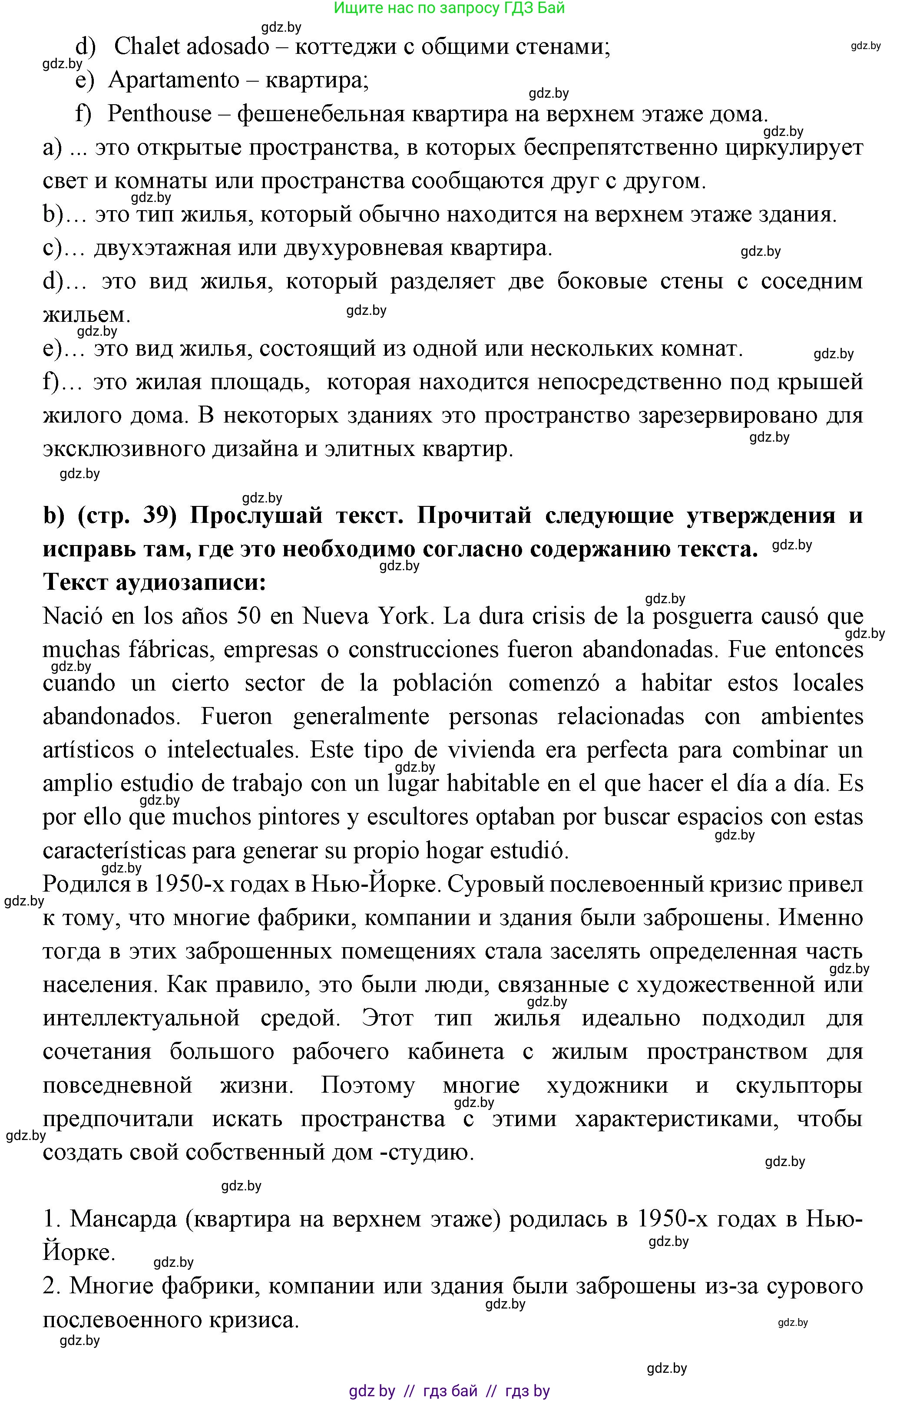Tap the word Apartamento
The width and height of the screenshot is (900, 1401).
[x=174, y=80]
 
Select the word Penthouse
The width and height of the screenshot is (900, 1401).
[x=159, y=113]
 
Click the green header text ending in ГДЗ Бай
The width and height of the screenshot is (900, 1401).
[x=449, y=8]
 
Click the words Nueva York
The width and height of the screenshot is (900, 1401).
[x=365, y=616]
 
